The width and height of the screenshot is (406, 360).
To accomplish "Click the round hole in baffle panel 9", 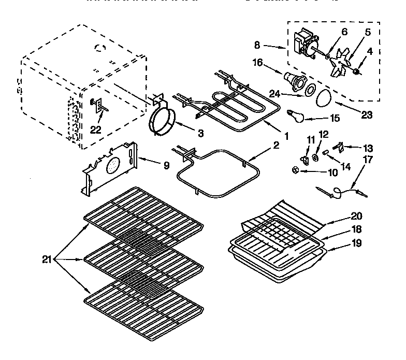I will [112, 166].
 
